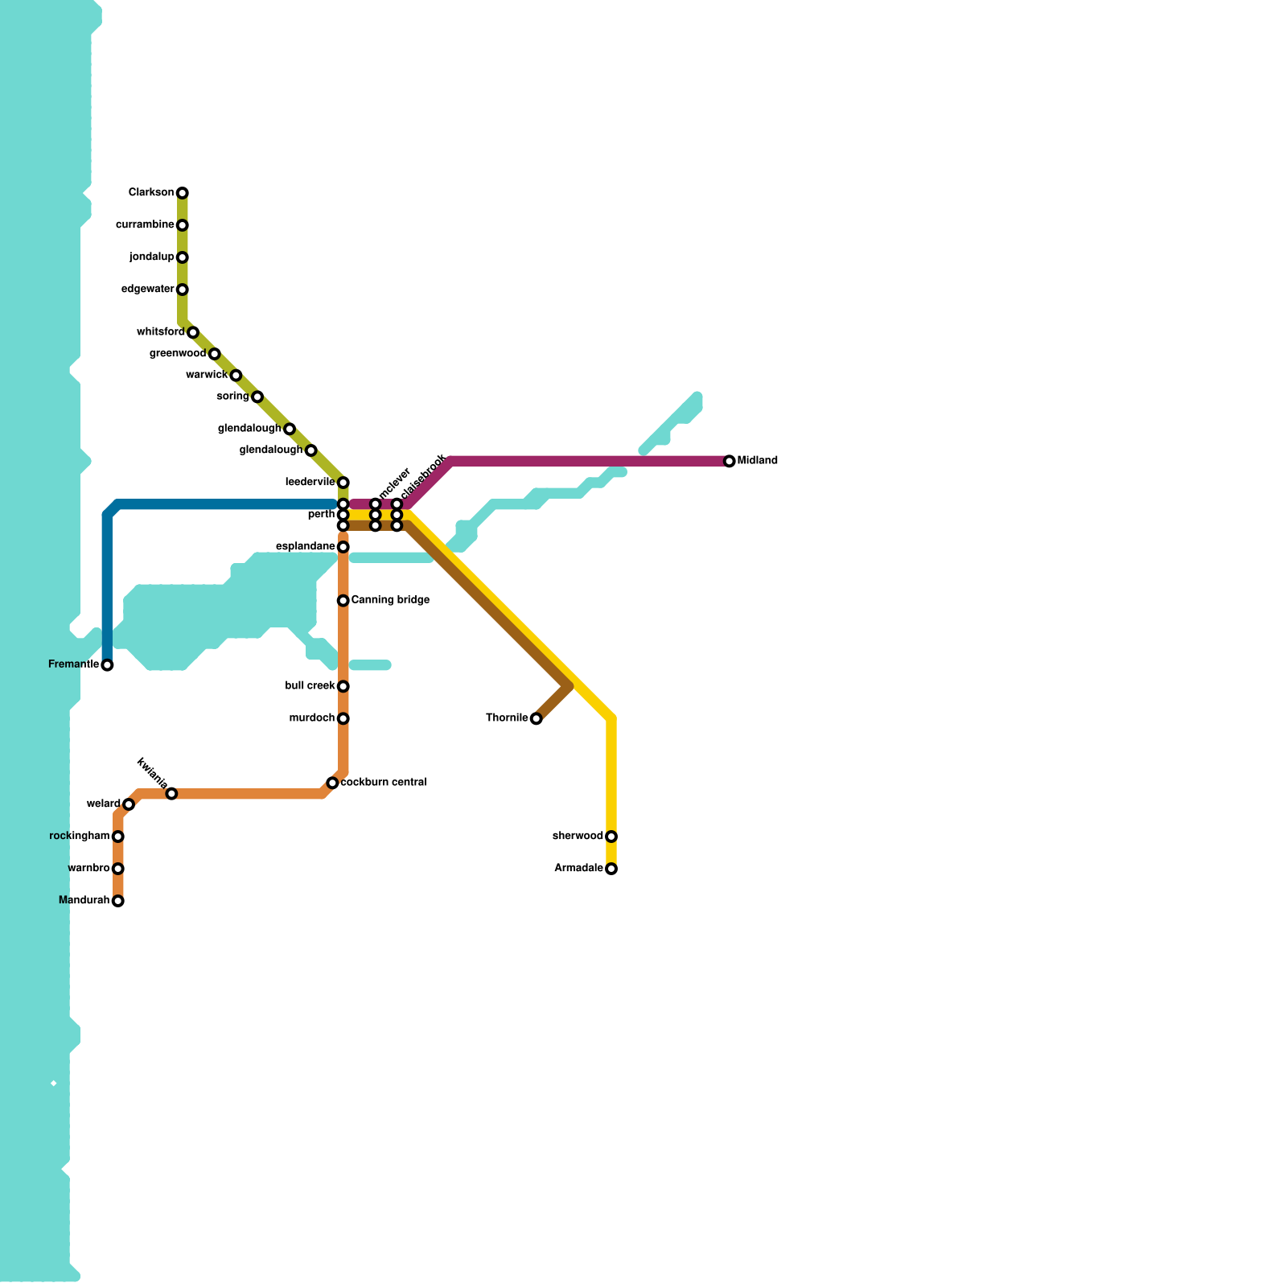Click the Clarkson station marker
pyautogui.click(x=183, y=193)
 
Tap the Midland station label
pyautogui.click(x=758, y=461)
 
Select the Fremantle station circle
pyautogui.click(x=107, y=665)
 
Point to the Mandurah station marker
pyautogui.click(x=118, y=901)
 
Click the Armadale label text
pyautogui.click(x=578, y=869)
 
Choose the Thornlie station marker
pyautogui.click(x=537, y=718)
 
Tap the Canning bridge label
pyautogui.click(x=390, y=600)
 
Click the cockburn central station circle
pyautogui.click(x=332, y=783)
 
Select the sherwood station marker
pyautogui.click(x=611, y=837)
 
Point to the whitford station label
pyautogui.click(x=161, y=332)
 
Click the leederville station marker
pyautogui.click(x=343, y=483)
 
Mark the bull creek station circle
pyautogui.click(x=343, y=686)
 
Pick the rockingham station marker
pyautogui.click(x=118, y=837)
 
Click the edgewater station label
pyautogui.click(x=148, y=290)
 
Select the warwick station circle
pyautogui.click(x=236, y=376)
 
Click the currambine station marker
pyautogui.click(x=183, y=225)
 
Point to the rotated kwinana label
pyautogui.click(x=152, y=773)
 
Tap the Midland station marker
pyautogui.click(x=730, y=461)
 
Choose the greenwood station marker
pyautogui.click(x=215, y=354)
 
